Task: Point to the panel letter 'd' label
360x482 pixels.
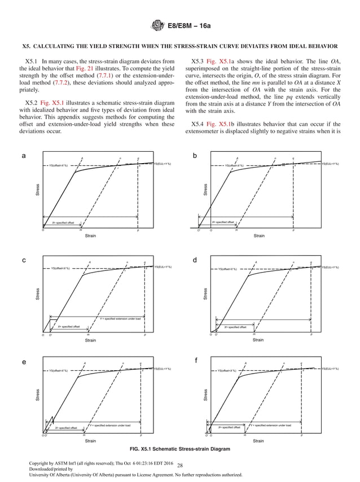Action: pyautogui.click(x=195, y=260)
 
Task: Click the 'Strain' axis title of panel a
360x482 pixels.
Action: pyautogui.click(x=90, y=235)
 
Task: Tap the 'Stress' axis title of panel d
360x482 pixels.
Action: pyautogui.click(x=206, y=294)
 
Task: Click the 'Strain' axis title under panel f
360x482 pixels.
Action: pyautogui.click(x=258, y=440)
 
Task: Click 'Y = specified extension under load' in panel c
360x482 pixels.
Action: pyautogui.click(x=120, y=319)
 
